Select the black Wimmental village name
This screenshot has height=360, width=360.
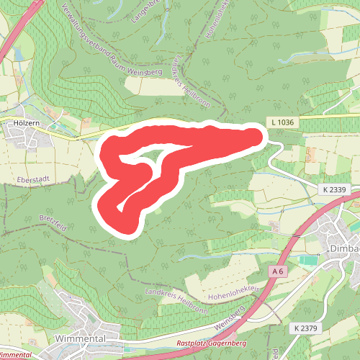pos(80,338)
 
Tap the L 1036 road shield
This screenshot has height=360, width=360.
pos(284,123)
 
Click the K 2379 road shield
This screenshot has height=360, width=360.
pos(306,328)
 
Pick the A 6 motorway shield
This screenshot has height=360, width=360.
pos(279,271)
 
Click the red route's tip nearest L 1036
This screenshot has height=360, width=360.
pos(256,132)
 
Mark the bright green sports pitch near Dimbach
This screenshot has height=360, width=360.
pos(307,259)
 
